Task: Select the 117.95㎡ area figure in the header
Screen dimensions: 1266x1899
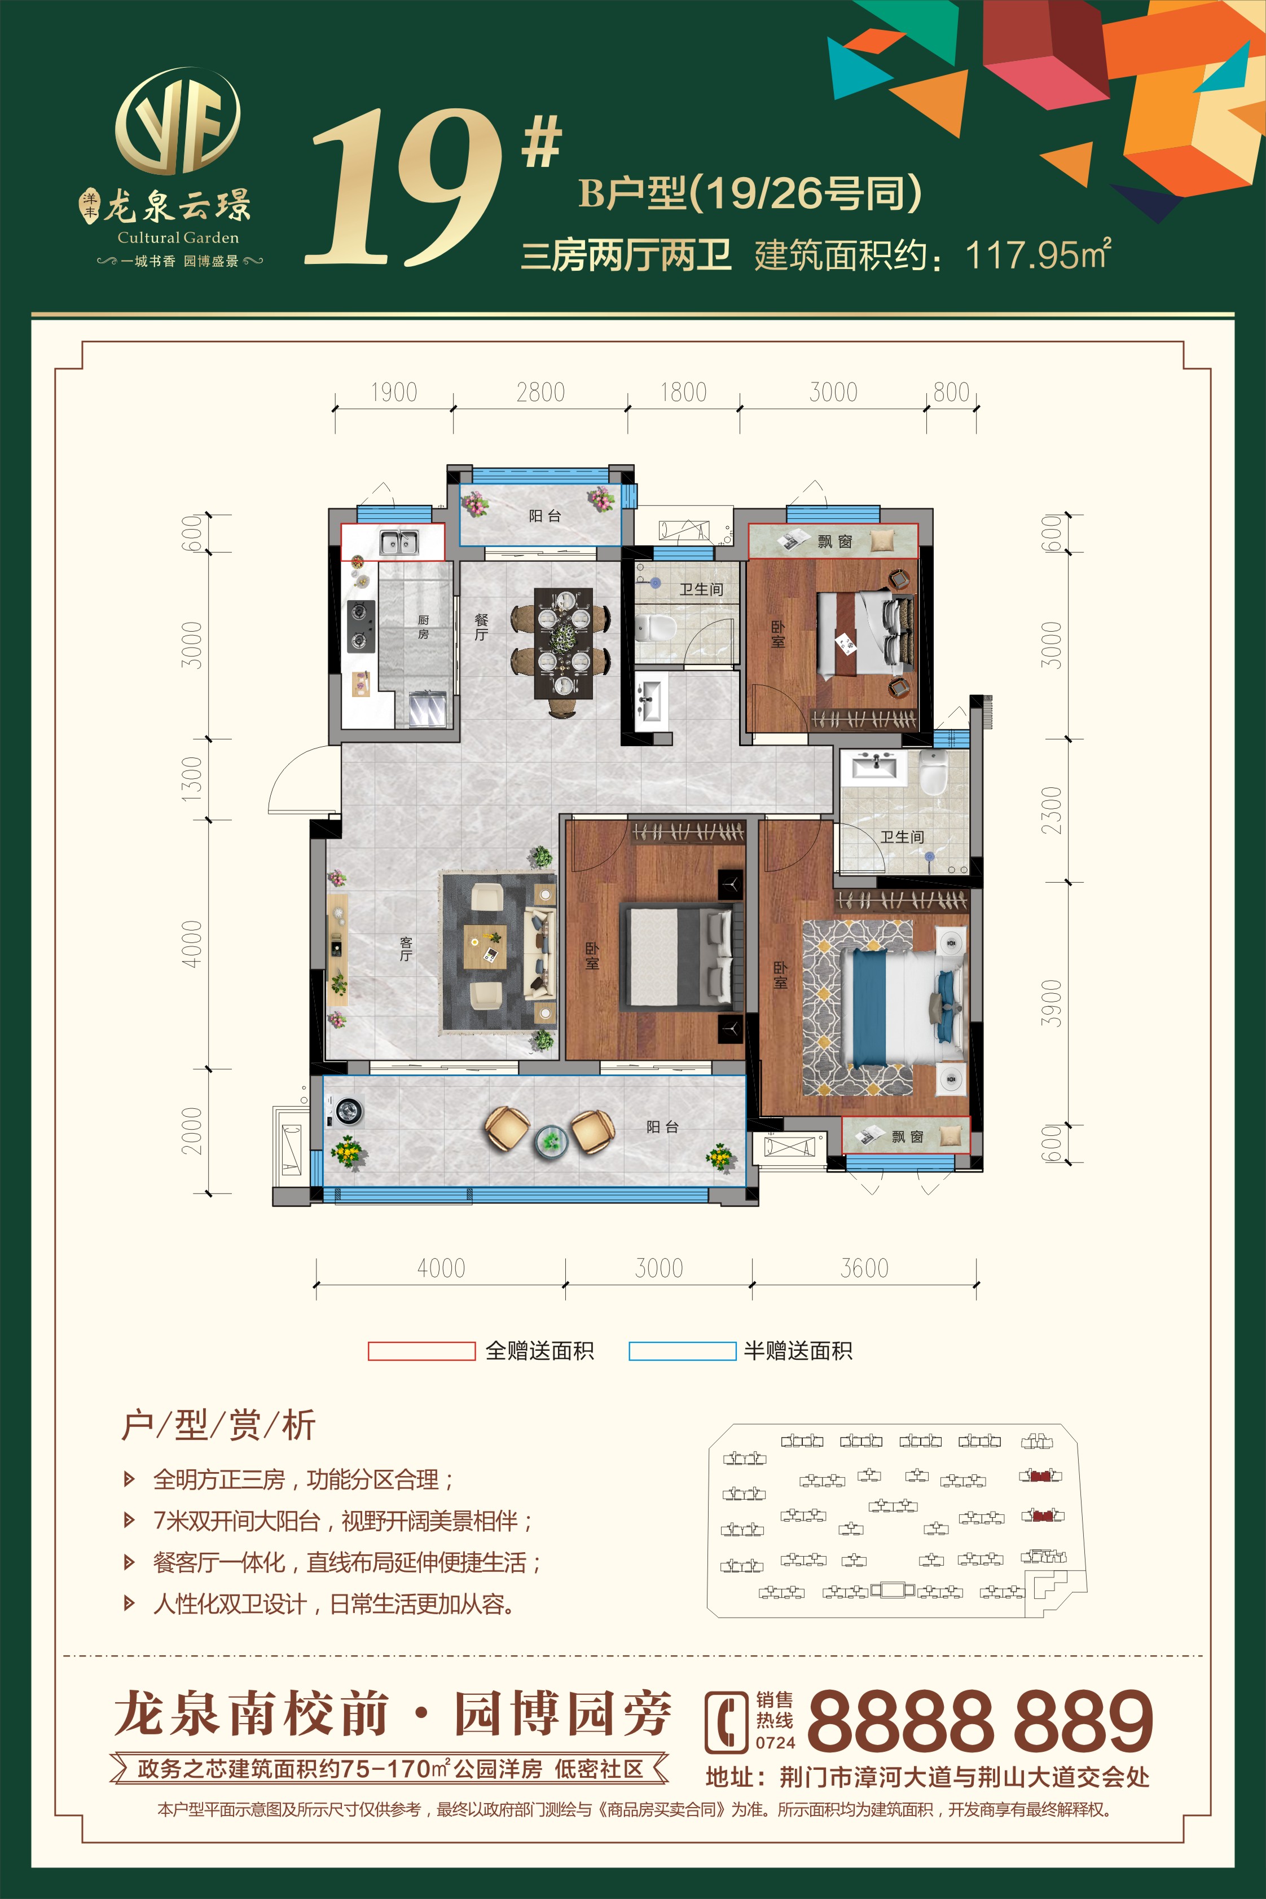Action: [x=1038, y=255]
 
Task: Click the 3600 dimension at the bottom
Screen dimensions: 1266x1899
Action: [x=864, y=1268]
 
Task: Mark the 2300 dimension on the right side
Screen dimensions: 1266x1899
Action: [x=1050, y=810]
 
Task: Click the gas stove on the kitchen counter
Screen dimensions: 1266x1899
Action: [x=360, y=625]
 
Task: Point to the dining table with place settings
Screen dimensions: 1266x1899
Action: [x=562, y=642]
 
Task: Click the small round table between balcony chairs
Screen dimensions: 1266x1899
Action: [x=551, y=1140]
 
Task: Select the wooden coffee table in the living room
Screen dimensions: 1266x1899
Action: [x=485, y=946]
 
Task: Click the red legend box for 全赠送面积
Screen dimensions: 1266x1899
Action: [x=421, y=1350]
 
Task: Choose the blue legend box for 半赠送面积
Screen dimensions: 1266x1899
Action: [x=682, y=1350]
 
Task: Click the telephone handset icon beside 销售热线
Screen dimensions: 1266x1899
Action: [x=726, y=1722]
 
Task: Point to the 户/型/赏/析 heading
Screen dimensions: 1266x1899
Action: [x=218, y=1425]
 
